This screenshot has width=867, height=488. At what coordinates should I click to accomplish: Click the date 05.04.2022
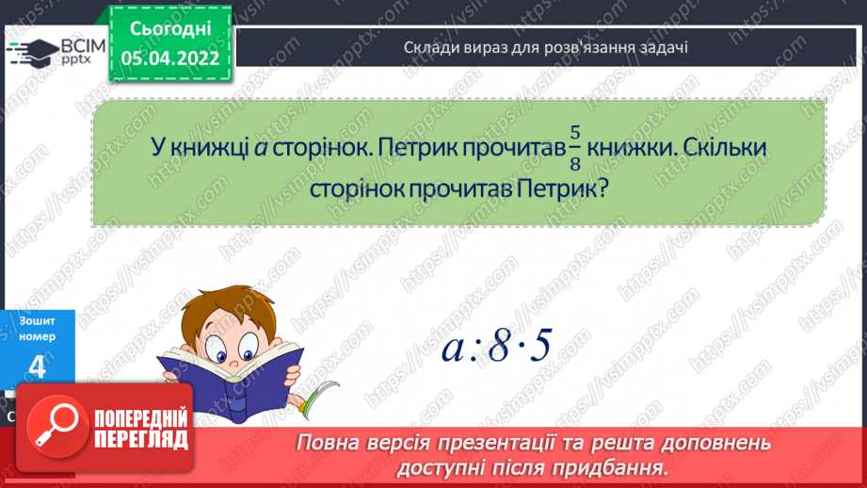coord(170,58)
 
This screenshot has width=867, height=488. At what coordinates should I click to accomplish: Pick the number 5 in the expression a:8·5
coord(539,348)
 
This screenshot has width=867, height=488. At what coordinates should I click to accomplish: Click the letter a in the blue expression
coord(452,350)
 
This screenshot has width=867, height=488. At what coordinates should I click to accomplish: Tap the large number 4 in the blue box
coord(37,368)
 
